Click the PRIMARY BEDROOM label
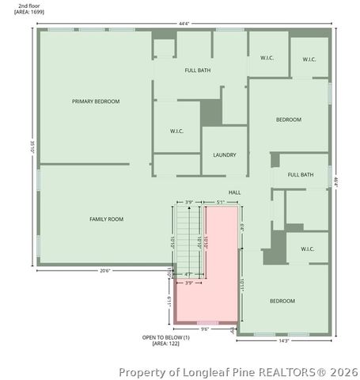coord(96,101)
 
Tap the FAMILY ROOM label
coord(105,218)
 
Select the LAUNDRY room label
coord(224,154)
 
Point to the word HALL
coord(234,192)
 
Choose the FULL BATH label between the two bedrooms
coord(301,174)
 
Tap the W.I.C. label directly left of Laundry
coord(177,131)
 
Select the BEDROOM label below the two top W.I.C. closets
coord(288,120)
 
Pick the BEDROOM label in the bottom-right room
coord(282,301)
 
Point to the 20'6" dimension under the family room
coord(104,271)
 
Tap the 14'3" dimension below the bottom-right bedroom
coord(283,340)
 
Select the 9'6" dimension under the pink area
coord(204,329)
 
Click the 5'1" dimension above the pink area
coord(220,202)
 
